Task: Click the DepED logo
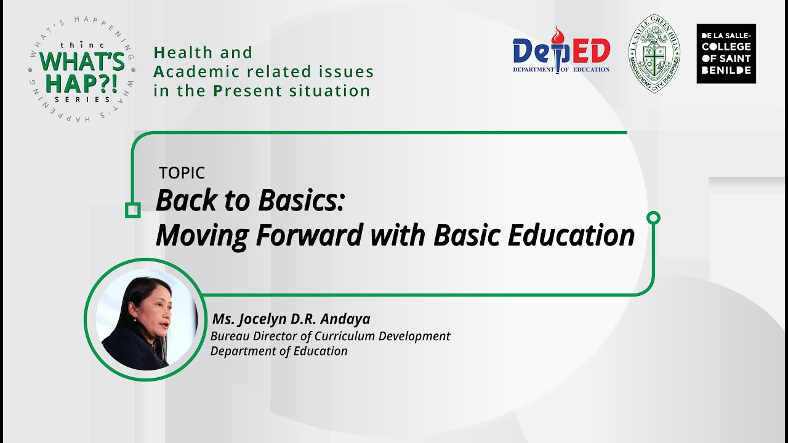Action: click(561, 52)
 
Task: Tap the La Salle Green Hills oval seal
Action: click(654, 53)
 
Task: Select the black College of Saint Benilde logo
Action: click(726, 54)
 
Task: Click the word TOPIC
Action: click(182, 174)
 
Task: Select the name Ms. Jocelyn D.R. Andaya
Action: click(291, 319)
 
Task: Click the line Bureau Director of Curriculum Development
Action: click(330, 336)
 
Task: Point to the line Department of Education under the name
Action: click(279, 351)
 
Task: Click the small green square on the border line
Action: click(132, 210)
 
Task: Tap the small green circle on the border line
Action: click(654, 217)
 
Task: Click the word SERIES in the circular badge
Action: click(82, 99)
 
